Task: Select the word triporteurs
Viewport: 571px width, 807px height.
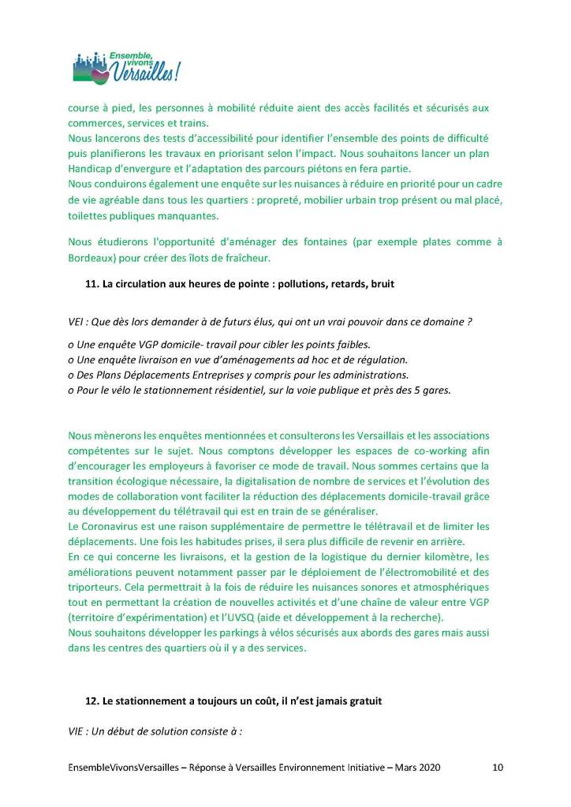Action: (x=93, y=586)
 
